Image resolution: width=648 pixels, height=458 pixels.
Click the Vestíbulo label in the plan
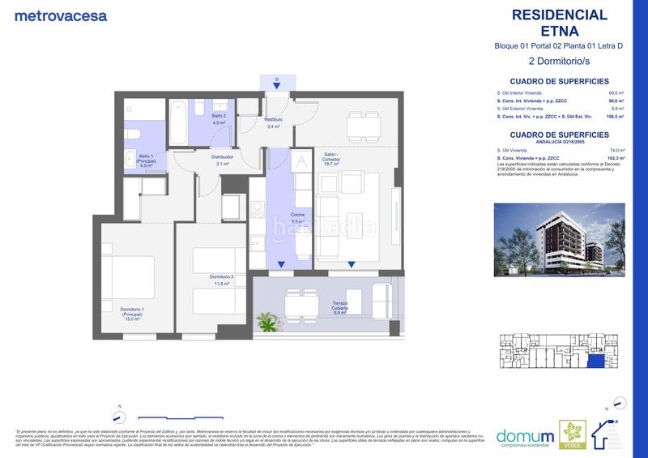click(x=272, y=123)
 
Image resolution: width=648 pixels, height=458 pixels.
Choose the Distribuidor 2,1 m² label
click(x=222, y=160)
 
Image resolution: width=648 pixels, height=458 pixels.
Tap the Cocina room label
click(x=298, y=218)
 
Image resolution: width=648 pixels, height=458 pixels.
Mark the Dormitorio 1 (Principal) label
click(x=133, y=314)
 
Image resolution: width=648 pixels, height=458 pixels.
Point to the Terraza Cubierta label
click(x=339, y=306)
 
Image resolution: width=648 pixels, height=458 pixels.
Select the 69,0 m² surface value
click(x=617, y=93)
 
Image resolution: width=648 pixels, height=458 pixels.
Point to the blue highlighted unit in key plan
click(x=596, y=363)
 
